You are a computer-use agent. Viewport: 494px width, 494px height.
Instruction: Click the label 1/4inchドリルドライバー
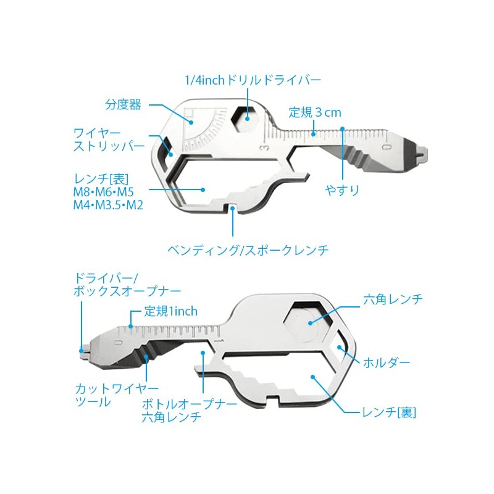(254, 80)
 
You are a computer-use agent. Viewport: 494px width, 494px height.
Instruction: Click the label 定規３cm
(315, 113)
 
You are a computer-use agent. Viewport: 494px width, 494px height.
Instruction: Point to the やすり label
(342, 190)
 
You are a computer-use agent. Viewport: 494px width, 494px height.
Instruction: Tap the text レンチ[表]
(100, 178)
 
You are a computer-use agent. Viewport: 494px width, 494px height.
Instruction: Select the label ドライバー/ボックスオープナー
(127, 283)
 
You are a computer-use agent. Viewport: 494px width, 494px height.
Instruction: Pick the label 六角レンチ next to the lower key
(393, 299)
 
